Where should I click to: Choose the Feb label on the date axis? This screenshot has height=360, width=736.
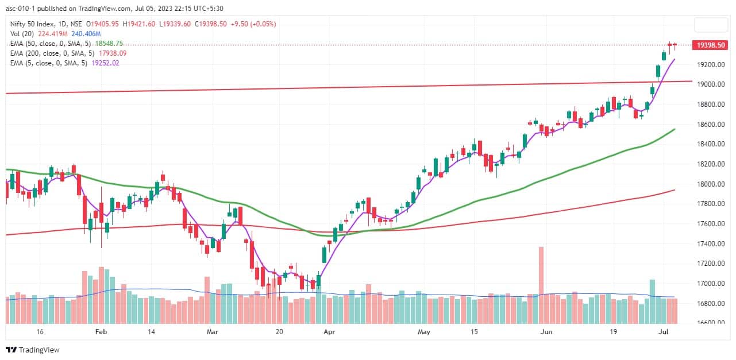(x=101, y=332)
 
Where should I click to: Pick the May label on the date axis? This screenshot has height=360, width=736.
(x=424, y=332)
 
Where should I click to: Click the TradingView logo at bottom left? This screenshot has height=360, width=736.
(x=33, y=350)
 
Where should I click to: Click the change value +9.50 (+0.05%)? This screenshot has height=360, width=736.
(x=254, y=24)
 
